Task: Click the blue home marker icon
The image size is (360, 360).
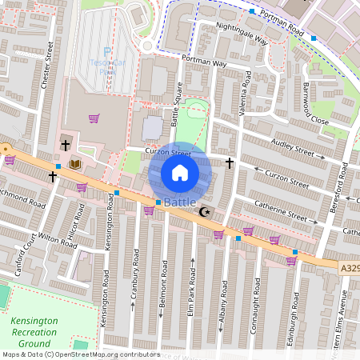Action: [x=180, y=172]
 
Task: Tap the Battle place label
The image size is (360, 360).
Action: [x=180, y=203]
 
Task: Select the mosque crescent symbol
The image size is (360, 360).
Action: [x=205, y=212]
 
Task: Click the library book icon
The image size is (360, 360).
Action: [x=75, y=164]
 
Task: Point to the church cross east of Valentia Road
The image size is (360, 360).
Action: [x=230, y=163]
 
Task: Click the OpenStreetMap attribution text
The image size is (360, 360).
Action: [x=80, y=354]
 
